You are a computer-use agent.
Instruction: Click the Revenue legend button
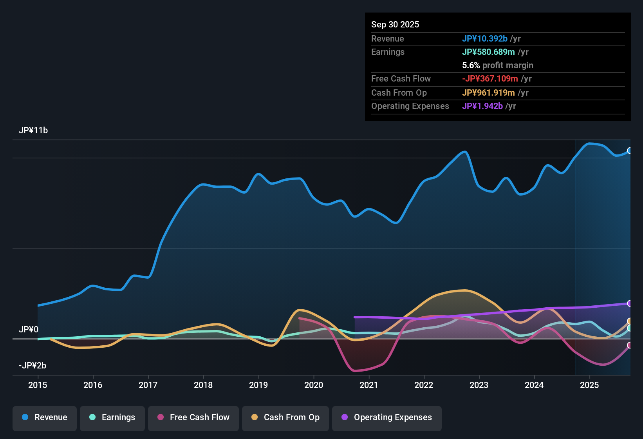pos(45,417)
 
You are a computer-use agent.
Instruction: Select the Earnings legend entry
pos(112,417)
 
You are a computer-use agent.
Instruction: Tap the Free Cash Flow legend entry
pos(193,417)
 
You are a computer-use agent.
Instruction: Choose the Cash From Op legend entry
pos(285,417)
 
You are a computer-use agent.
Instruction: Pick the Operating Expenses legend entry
pos(387,417)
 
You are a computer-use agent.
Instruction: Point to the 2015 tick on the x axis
pos(38,385)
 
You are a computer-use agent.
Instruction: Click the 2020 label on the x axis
pos(314,385)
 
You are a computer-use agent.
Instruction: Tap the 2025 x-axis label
pos(589,385)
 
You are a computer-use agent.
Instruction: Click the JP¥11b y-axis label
pos(33,131)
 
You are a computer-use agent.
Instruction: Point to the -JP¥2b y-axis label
pos(33,366)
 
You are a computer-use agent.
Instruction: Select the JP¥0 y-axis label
pos(29,330)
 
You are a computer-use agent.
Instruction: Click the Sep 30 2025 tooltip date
pos(395,24)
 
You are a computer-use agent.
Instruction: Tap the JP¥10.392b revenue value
pos(485,38)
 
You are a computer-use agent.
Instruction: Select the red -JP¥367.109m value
pos(490,78)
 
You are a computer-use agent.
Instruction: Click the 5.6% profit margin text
pos(498,65)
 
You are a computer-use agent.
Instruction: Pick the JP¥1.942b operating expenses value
pos(482,106)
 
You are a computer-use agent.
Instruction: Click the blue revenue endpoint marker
pos(629,151)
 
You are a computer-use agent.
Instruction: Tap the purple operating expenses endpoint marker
pos(629,303)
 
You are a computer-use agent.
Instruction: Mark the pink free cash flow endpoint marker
pos(629,345)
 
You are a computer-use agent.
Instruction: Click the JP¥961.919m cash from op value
pos(488,93)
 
